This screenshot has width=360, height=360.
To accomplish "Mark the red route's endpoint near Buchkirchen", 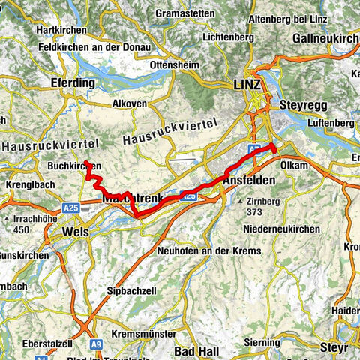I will [88, 163].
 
